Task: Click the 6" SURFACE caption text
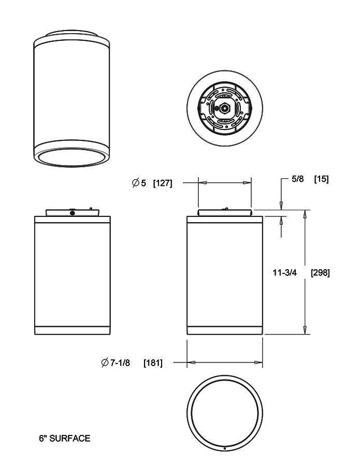click(64, 438)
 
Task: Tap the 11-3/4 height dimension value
click(284, 272)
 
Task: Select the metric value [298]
click(320, 272)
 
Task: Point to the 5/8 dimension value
click(297, 179)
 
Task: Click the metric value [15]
click(321, 179)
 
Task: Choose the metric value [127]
click(163, 183)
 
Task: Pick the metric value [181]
click(153, 363)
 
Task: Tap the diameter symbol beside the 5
click(135, 183)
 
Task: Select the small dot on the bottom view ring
click(224, 448)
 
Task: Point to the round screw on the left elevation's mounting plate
click(72, 213)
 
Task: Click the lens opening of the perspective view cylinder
click(72, 158)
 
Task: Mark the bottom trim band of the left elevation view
click(72, 330)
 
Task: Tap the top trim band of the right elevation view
click(225, 220)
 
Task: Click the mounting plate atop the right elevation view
click(225, 212)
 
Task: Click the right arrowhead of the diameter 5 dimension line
click(248, 182)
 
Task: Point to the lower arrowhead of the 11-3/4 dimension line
click(305, 330)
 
